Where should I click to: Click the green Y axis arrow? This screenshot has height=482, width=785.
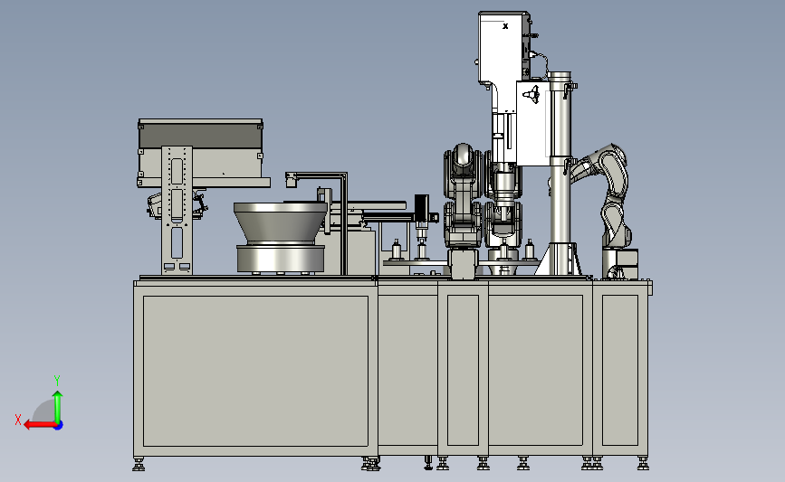58,407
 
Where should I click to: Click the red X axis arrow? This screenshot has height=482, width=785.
40,425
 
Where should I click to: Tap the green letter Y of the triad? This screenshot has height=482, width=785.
57,381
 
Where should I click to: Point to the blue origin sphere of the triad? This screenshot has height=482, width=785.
59,426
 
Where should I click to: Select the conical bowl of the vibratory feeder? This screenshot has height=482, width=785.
281,223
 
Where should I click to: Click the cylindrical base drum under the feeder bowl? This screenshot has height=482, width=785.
281,259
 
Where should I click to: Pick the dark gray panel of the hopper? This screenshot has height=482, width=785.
200,136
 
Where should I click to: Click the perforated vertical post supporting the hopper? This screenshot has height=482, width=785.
177,210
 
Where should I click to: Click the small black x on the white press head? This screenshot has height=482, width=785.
505,26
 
